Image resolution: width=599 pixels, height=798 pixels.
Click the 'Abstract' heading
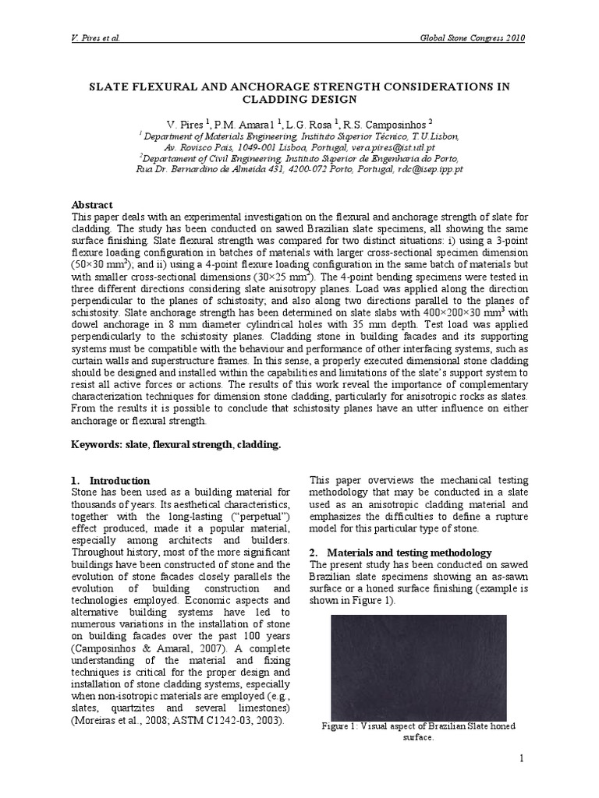click(x=92, y=205)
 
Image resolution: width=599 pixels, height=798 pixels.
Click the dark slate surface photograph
click(x=419, y=667)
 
